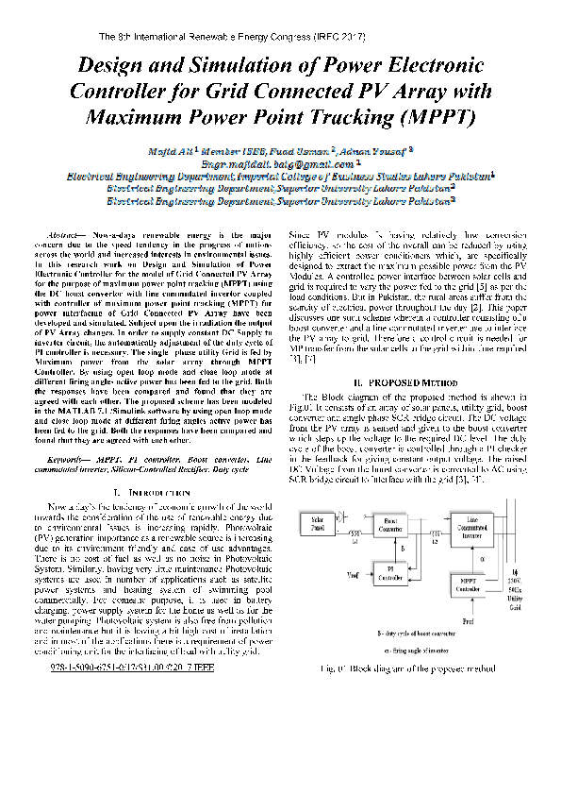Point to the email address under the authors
coord(279,162)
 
